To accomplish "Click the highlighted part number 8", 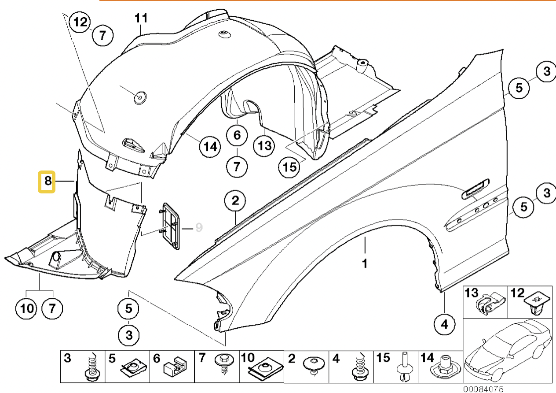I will point(46,182).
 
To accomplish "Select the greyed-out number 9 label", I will point(199,227).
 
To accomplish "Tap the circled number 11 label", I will point(141,19).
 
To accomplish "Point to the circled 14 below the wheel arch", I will point(210,146).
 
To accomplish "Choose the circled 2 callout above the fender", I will point(235,202).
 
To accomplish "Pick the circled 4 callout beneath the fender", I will point(445,325).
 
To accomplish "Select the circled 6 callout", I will point(237,135).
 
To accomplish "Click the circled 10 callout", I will point(27,308).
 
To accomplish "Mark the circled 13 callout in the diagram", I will point(265,145).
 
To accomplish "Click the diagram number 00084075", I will point(483,389).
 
